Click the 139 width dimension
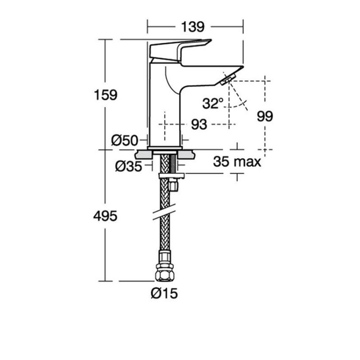point(193,27)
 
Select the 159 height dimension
point(106,95)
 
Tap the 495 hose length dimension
point(105,216)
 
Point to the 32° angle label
point(213,103)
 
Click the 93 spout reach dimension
point(199,125)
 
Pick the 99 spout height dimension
point(265,116)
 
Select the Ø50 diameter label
point(125,140)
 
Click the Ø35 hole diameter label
point(129,166)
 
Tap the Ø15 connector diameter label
point(164,293)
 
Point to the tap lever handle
point(180,50)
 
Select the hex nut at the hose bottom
point(165,274)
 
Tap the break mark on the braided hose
point(164,211)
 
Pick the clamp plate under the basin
point(171,176)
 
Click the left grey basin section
point(144,154)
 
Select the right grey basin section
point(186,154)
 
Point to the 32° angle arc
point(236,105)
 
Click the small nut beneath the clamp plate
point(173,185)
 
